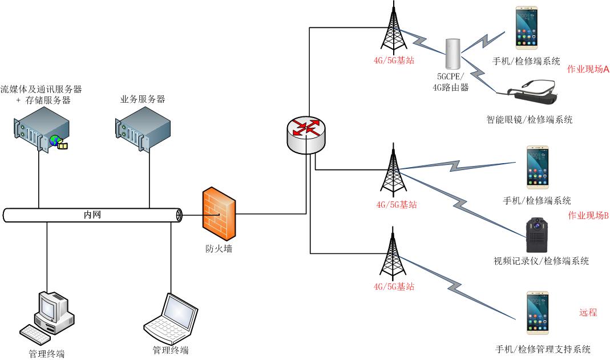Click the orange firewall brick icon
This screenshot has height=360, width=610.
click(x=219, y=215)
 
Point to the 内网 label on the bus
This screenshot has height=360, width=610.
click(x=92, y=215)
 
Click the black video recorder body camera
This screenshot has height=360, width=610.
click(x=537, y=234)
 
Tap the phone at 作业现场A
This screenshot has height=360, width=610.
click(x=527, y=28)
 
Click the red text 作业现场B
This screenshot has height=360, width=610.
click(x=588, y=215)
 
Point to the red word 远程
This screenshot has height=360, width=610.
click(x=588, y=313)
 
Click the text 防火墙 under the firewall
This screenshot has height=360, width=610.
click(x=219, y=249)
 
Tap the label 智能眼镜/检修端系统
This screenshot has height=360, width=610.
click(x=529, y=120)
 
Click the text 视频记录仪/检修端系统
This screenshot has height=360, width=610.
click(x=541, y=261)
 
